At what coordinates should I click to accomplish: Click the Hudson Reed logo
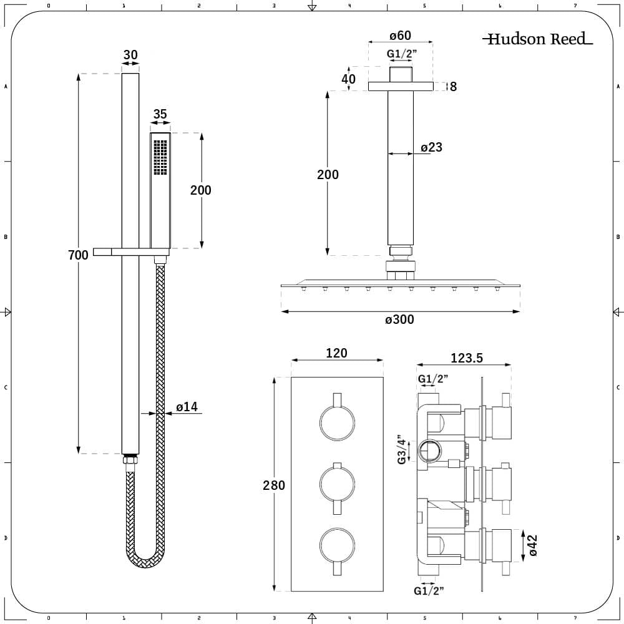(537, 39)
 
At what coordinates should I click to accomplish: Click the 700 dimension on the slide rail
(79, 255)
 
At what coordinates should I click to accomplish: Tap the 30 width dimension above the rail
(130, 56)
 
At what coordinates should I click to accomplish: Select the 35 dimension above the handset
(160, 114)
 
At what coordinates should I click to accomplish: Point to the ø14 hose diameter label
(187, 407)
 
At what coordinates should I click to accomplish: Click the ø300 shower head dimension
(399, 320)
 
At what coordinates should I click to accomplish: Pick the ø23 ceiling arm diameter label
(431, 147)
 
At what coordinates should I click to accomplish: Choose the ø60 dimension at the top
(399, 36)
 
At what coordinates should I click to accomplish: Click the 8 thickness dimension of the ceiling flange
(453, 87)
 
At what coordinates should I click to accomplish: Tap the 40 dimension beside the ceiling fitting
(349, 79)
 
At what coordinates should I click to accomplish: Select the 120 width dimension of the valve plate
(337, 353)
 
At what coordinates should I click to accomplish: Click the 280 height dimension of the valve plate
(274, 485)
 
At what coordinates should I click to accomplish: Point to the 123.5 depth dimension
(466, 359)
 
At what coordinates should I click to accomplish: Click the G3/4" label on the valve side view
(403, 449)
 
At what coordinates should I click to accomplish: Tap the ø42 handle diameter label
(532, 544)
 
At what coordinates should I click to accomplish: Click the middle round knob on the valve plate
(337, 484)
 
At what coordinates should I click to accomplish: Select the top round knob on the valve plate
(337, 423)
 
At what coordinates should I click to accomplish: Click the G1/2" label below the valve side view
(428, 590)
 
